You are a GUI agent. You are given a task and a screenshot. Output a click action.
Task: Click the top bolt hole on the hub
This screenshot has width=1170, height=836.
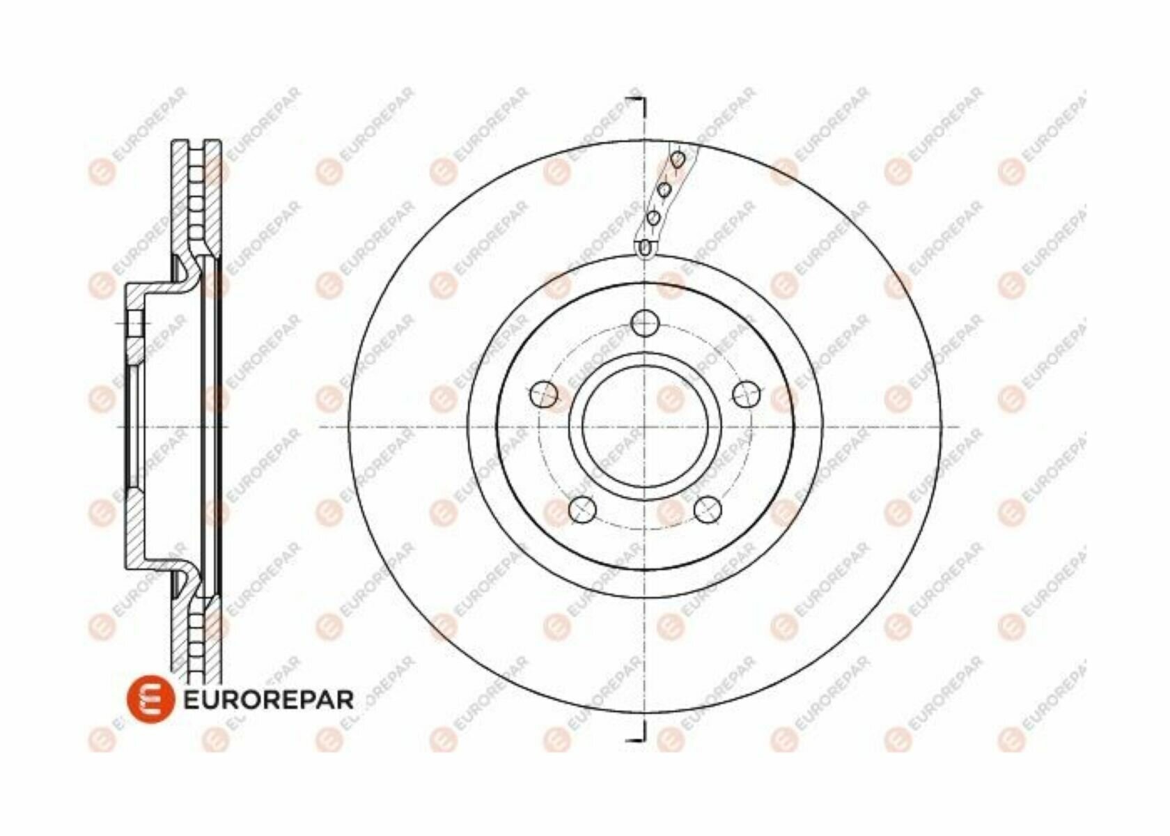(645, 323)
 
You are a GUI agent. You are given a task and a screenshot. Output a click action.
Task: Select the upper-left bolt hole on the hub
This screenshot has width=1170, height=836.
(543, 394)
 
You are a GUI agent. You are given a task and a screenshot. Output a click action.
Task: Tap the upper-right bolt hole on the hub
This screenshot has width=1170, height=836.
(746, 394)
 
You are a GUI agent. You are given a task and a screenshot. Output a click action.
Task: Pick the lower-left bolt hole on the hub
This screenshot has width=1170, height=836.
(582, 509)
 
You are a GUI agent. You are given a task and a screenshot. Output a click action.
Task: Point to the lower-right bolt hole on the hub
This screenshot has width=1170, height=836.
(708, 509)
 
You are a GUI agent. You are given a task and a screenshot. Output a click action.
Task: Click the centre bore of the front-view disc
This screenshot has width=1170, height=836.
(645, 426)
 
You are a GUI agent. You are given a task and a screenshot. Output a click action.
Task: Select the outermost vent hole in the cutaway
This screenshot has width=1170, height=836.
(679, 160)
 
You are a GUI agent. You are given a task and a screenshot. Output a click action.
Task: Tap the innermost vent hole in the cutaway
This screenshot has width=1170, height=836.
(646, 246)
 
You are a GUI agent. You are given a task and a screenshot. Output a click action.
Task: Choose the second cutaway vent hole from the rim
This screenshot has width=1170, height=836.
(665, 189)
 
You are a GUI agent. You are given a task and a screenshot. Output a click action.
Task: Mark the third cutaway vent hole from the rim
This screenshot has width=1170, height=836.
(653, 218)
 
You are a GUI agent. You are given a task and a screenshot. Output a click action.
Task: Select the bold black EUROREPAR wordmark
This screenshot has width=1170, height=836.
(268, 699)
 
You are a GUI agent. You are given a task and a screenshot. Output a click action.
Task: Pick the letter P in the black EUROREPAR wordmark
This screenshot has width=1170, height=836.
(303, 699)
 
